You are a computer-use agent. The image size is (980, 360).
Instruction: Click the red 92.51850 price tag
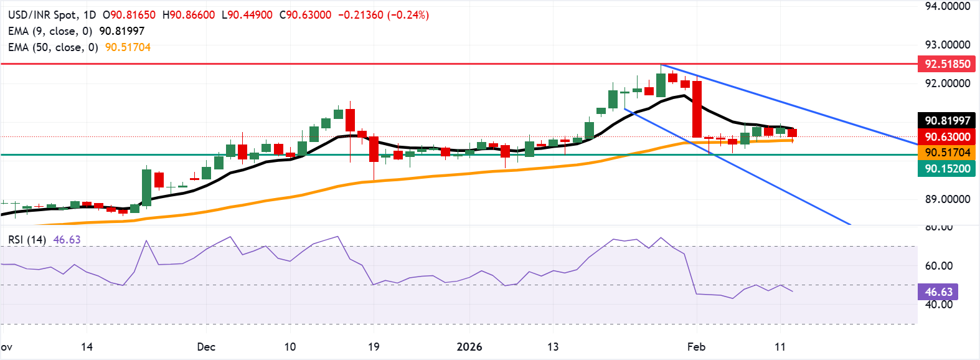click(x=946, y=64)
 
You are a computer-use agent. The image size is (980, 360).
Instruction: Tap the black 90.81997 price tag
click(x=946, y=121)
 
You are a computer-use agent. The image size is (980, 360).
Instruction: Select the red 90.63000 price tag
click(x=946, y=137)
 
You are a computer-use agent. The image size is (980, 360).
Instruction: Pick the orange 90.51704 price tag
click(x=946, y=153)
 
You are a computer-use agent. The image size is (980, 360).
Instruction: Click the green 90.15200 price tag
click(x=946, y=168)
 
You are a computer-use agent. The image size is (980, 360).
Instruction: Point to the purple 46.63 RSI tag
click(x=938, y=292)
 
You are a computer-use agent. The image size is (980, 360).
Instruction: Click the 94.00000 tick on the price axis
click(x=947, y=6)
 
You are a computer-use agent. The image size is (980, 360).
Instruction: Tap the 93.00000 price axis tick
click(x=947, y=45)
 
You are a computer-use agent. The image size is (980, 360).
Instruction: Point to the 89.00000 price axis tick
click(x=947, y=199)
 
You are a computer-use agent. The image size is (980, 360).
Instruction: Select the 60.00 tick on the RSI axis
click(x=938, y=266)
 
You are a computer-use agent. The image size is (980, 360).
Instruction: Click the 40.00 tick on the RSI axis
click(x=938, y=305)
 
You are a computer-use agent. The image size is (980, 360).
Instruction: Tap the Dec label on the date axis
click(x=205, y=347)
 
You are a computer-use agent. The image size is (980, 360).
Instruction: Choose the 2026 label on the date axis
click(x=469, y=347)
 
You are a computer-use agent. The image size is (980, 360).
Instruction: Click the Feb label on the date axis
click(x=696, y=347)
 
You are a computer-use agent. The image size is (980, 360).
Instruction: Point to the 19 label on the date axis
click(x=374, y=347)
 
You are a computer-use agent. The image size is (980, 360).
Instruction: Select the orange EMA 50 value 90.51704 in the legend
click(x=128, y=47)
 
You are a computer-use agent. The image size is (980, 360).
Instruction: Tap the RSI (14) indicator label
click(x=27, y=240)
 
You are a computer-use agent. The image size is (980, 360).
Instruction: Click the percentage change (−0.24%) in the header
click(x=408, y=15)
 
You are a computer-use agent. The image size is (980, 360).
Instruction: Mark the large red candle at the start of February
click(x=697, y=109)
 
